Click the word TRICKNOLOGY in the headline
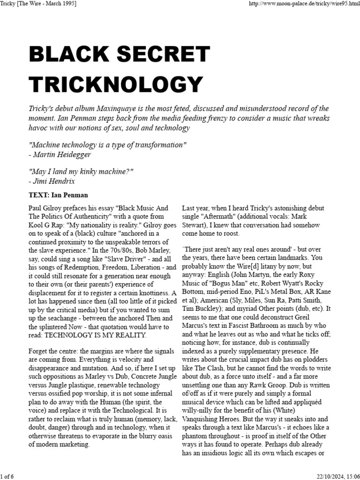116,84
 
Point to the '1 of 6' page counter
8,476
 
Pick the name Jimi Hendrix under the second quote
54,181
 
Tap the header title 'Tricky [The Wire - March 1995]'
38,4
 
